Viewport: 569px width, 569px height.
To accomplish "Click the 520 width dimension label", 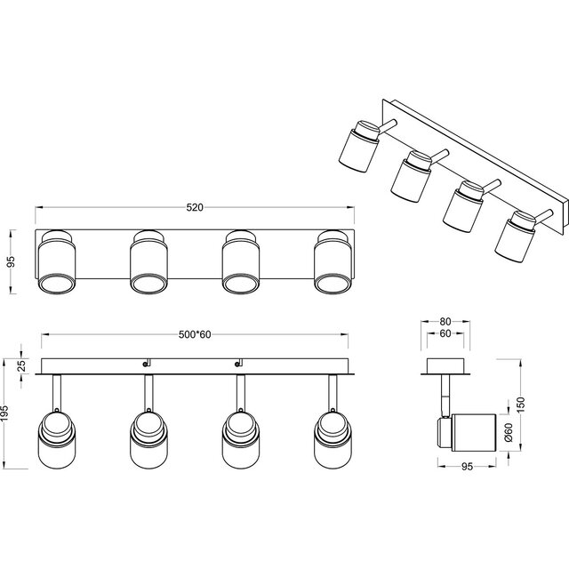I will pyautogui.click(x=195, y=208).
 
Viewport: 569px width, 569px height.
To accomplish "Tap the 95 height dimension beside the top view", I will pyautogui.click(x=12, y=262).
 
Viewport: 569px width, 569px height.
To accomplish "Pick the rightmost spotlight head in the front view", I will pyautogui.click(x=333, y=438).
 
